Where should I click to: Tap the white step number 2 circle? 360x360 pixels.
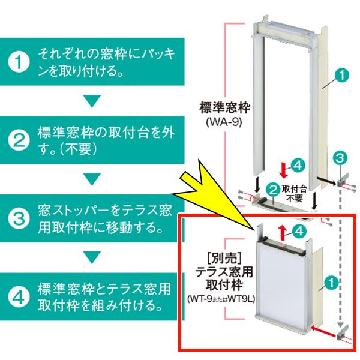click(x=20, y=140)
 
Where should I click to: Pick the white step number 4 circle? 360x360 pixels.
click(x=20, y=296)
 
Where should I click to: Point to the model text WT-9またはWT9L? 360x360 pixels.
click(x=223, y=298)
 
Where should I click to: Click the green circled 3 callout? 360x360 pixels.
click(x=339, y=158)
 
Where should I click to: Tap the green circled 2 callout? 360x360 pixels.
click(x=273, y=189)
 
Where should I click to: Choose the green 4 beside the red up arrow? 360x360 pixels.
click(x=298, y=229)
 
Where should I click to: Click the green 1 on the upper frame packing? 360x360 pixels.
click(x=340, y=76)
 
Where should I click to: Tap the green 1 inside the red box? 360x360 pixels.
click(x=330, y=281)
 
